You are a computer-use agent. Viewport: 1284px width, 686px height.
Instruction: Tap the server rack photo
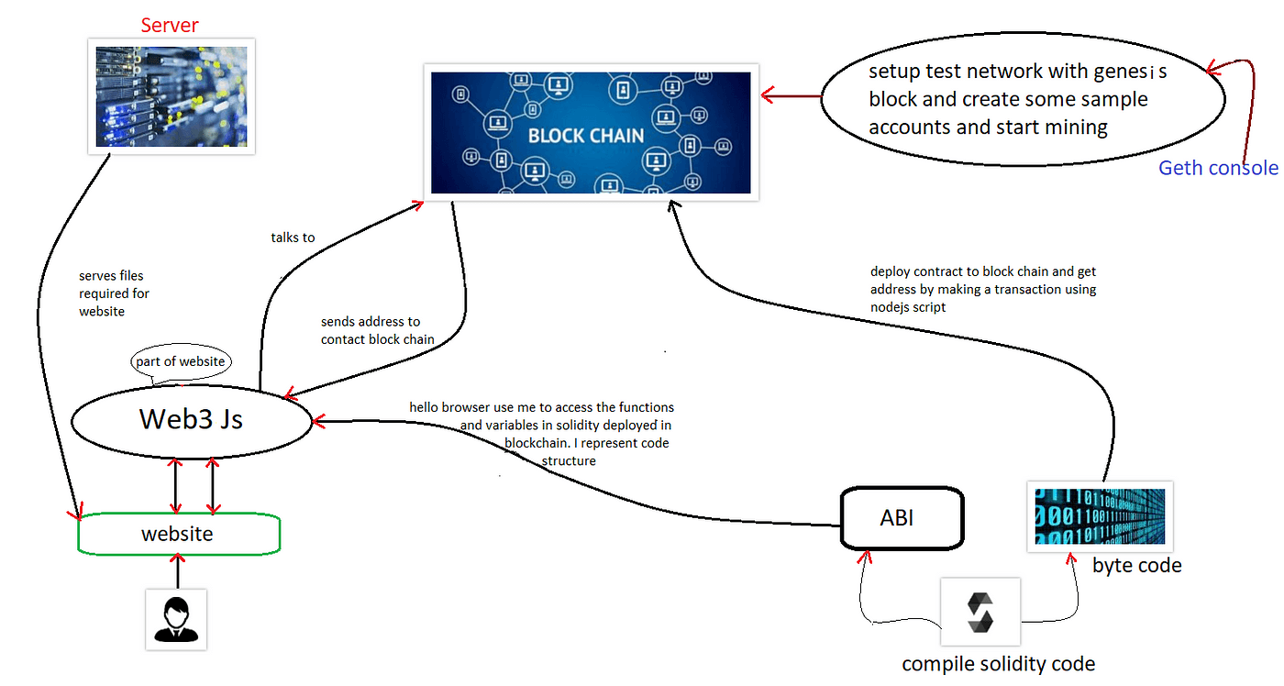(172, 96)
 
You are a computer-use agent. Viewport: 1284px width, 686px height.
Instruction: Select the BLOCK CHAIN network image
(591, 132)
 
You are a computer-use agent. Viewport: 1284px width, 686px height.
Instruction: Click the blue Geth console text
(1217, 168)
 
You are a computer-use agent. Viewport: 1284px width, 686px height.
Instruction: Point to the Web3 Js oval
(192, 419)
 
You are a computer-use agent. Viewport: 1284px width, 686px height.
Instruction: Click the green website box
(178, 534)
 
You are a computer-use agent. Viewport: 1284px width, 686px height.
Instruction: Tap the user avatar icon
(177, 619)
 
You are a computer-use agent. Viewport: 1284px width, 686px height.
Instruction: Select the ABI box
(902, 518)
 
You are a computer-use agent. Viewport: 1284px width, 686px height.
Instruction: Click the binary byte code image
(1100, 516)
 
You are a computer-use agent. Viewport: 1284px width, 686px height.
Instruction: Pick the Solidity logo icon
(980, 613)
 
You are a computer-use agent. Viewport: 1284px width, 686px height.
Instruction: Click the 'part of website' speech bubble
(180, 361)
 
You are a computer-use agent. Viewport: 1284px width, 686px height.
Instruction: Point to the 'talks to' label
(293, 238)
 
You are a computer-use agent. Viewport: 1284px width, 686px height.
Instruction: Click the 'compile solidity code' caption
(998, 664)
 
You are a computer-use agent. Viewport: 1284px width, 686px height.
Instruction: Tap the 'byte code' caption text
(1136, 566)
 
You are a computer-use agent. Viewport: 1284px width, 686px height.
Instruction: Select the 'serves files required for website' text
(114, 293)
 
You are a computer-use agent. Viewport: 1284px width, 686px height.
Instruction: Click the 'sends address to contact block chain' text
(377, 330)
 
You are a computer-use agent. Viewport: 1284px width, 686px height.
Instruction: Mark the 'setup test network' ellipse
(1021, 98)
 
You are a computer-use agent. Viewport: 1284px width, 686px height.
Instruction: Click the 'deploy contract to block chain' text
(983, 289)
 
